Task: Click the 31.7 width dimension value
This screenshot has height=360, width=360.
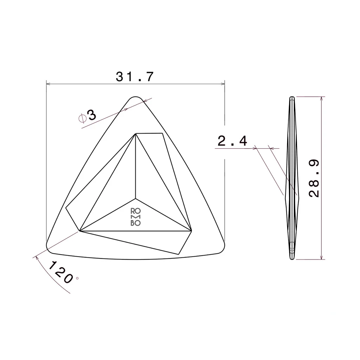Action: pyautogui.click(x=135, y=77)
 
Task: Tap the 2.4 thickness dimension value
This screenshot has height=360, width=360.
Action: pyautogui.click(x=232, y=141)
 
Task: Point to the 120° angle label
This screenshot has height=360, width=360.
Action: pyautogui.click(x=63, y=273)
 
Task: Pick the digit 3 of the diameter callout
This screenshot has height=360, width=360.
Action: pyautogui.click(x=92, y=115)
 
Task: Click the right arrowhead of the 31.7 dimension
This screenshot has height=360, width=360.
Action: pyautogui.click(x=223, y=84)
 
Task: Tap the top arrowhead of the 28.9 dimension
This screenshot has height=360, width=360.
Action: pyautogui.click(x=322, y=98)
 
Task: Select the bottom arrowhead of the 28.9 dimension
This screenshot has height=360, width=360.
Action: pyautogui.click(x=322, y=258)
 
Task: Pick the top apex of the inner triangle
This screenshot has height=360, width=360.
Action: pyautogui.click(x=136, y=134)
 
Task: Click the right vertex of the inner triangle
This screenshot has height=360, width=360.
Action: pyautogui.click(x=192, y=231)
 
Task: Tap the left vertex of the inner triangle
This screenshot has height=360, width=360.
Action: pyautogui.click(x=80, y=231)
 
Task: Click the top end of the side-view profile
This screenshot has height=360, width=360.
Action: pyautogui.click(x=292, y=97)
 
